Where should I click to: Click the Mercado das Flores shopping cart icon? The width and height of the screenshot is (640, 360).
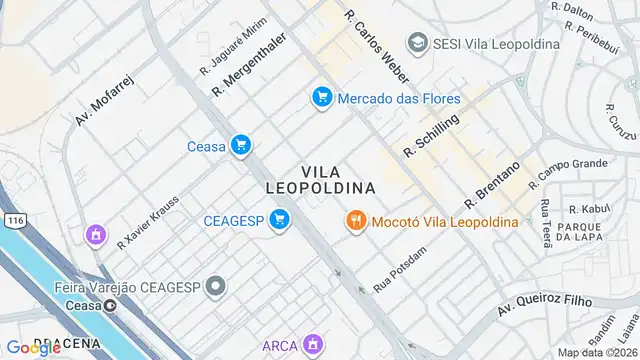[321, 98]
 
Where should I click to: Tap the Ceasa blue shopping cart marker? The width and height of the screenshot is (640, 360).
[240, 146]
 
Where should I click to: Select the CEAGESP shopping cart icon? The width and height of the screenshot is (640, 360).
[280, 220]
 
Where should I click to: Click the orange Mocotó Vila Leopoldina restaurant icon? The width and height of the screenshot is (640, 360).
[355, 221]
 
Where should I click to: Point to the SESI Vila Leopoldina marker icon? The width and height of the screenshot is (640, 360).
[417, 43]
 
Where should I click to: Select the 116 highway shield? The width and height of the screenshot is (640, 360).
[13, 219]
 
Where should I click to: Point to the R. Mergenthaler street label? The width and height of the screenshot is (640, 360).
[249, 65]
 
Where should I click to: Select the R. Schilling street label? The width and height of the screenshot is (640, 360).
[431, 135]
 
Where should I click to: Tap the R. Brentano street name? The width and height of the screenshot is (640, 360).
[492, 185]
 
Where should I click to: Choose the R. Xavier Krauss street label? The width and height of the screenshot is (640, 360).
[148, 220]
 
